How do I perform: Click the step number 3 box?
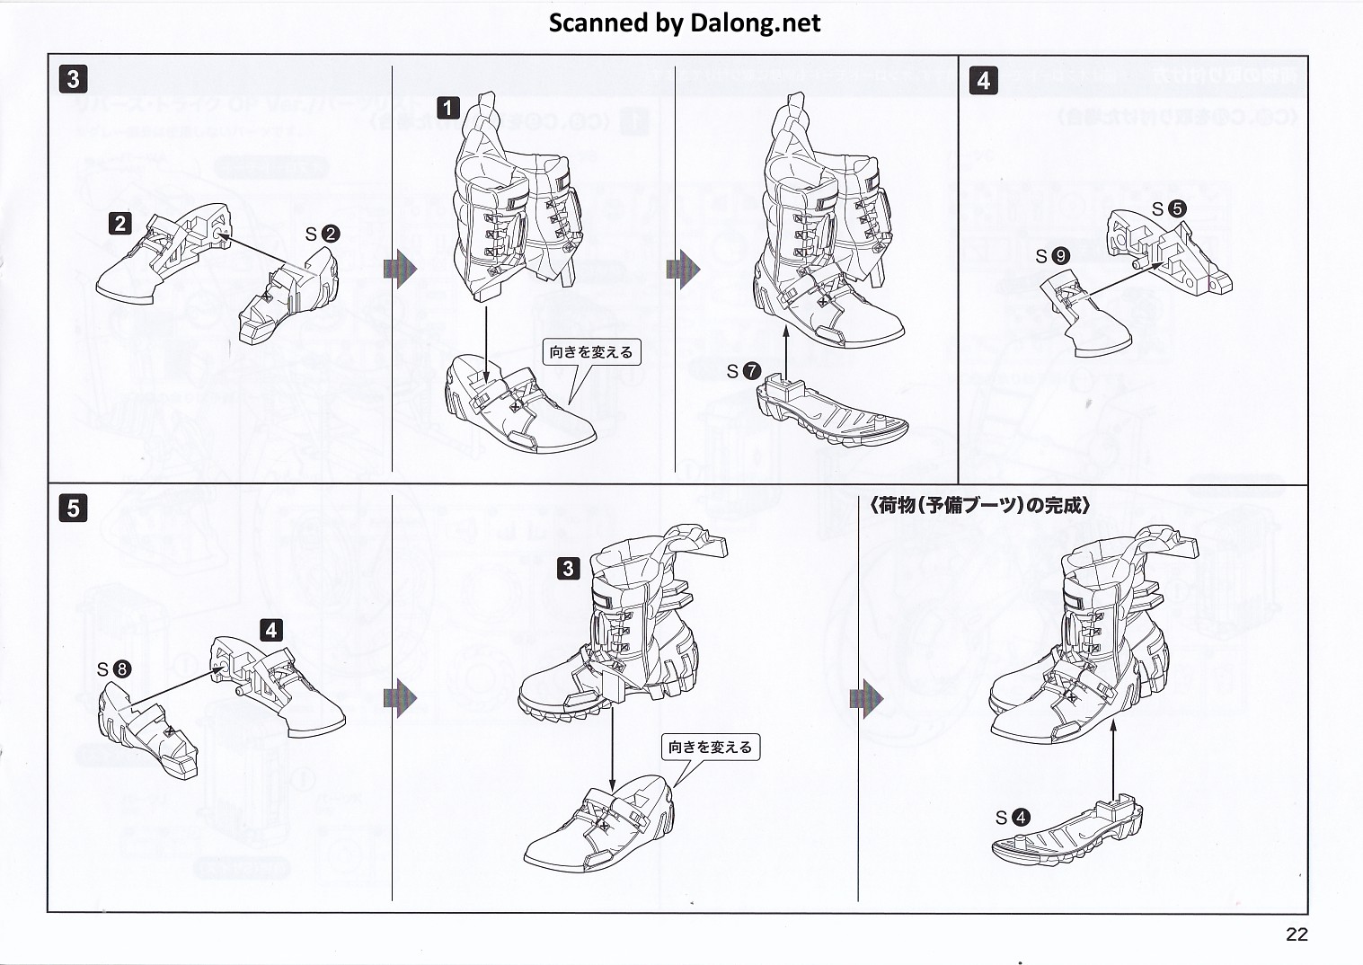point(73,78)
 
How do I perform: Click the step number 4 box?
point(983,80)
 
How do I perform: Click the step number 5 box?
point(73,508)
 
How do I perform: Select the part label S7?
point(744,370)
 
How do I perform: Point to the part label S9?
point(1052,256)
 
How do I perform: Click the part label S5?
point(1169,209)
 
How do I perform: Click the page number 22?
point(1297,934)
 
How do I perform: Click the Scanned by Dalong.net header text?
point(685,23)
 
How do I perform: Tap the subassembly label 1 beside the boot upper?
point(447,110)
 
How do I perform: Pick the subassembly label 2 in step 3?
point(120,222)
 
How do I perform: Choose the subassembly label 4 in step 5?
point(271,630)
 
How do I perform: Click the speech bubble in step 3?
point(591,352)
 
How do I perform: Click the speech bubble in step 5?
point(710,747)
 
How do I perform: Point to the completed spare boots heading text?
point(980,506)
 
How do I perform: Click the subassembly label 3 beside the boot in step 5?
point(568,568)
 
